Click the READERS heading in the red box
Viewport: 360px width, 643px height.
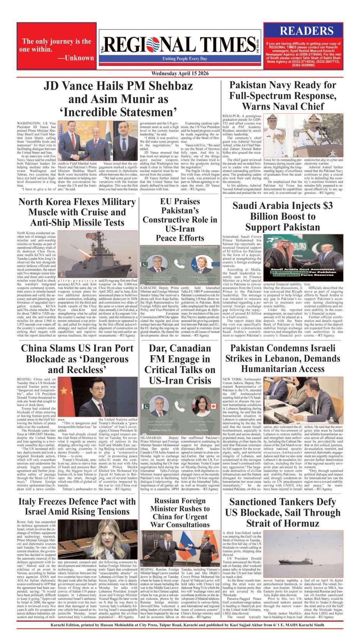click(306, 31)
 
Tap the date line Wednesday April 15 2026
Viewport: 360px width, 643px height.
click(180, 74)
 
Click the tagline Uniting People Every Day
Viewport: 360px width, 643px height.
click(185, 59)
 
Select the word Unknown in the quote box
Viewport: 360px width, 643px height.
click(79, 58)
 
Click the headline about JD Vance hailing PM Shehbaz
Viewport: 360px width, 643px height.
click(118, 99)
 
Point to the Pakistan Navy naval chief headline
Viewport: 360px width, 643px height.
click(283, 96)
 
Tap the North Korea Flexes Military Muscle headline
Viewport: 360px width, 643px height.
click(77, 212)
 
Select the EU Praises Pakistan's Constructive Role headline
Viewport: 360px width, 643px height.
click(180, 220)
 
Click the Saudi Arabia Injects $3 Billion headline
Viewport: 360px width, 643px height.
click(283, 216)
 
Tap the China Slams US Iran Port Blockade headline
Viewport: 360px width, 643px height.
click(77, 359)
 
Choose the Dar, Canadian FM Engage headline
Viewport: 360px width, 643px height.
click(180, 364)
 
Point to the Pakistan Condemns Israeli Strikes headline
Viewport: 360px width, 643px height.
click(283, 358)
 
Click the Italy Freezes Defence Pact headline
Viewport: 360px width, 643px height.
click(77, 507)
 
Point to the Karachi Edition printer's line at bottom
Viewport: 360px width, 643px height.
click(180, 625)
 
